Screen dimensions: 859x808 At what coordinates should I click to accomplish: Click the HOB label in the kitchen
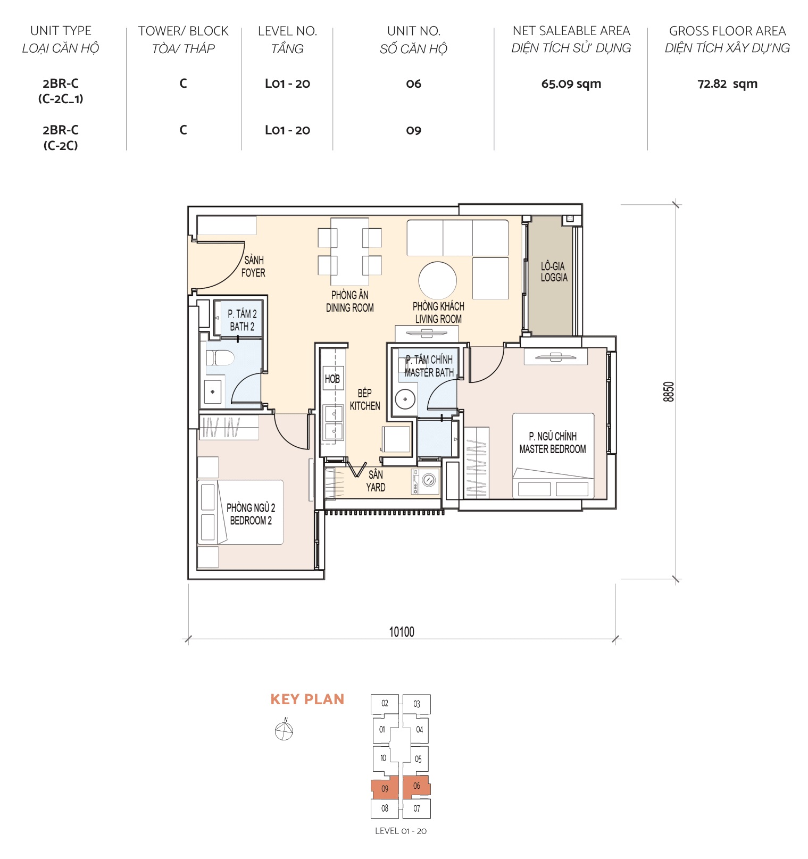tap(332, 379)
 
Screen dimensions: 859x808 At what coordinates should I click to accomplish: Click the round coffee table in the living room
tap(437, 280)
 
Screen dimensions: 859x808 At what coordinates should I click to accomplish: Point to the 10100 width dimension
tap(402, 632)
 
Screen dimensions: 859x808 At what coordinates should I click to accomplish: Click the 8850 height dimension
tap(669, 391)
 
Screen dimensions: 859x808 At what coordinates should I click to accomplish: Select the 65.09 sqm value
tap(571, 84)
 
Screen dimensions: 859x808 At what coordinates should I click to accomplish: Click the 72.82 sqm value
tap(727, 84)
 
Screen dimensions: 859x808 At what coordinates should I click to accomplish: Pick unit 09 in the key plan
tap(385, 789)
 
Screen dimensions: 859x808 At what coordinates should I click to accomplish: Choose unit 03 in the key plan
tap(417, 704)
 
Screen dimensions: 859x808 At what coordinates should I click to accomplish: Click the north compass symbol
tap(284, 731)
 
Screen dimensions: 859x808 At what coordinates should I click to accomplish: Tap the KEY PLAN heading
tap(307, 699)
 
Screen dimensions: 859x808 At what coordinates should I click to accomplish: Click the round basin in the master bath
tap(405, 399)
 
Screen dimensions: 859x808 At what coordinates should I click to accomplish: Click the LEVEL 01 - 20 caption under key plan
tap(401, 831)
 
